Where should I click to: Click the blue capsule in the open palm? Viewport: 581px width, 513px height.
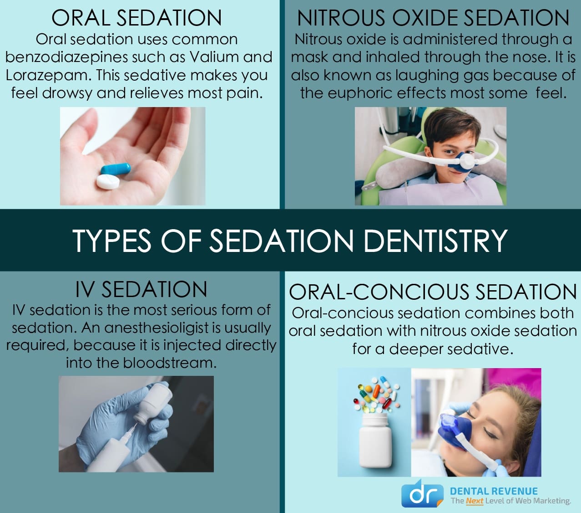(116, 169)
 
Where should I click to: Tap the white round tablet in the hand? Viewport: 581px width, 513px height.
(108, 182)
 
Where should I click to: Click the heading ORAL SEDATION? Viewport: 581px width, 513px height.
(136, 18)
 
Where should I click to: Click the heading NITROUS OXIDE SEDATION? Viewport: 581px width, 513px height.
(433, 18)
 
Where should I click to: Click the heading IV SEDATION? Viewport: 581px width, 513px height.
(141, 289)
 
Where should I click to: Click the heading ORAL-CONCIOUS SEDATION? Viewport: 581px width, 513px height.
(433, 292)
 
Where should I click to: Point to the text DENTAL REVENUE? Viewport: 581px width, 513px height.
(494, 491)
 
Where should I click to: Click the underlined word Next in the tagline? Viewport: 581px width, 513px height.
(475, 501)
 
